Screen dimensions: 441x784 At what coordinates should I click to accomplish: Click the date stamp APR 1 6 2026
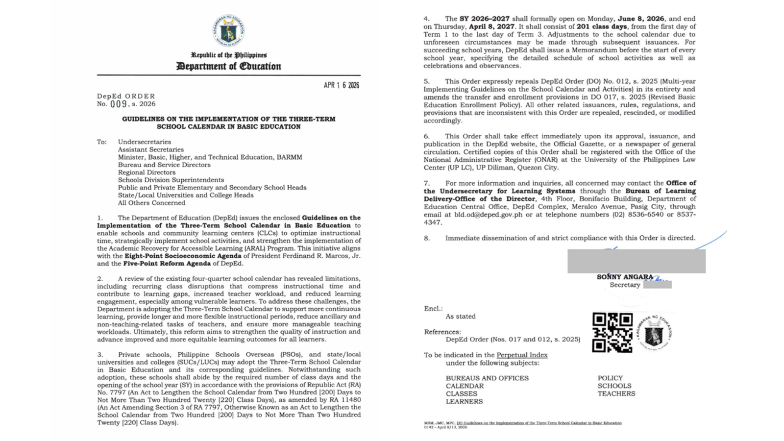(341, 85)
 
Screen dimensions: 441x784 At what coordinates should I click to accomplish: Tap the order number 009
(119, 104)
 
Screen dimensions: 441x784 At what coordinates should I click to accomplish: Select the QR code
(612, 333)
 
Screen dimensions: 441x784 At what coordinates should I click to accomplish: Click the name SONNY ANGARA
(625, 277)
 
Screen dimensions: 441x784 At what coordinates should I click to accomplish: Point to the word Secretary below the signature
(625, 285)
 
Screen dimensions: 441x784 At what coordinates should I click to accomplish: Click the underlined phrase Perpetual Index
(522, 355)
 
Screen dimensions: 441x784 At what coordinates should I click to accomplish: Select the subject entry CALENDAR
(465, 386)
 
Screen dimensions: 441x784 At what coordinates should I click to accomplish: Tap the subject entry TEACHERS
(616, 393)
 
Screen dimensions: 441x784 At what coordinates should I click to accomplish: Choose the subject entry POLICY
(610, 378)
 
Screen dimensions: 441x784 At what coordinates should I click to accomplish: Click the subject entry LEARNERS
(464, 401)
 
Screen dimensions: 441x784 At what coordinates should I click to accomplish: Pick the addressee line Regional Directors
(147, 172)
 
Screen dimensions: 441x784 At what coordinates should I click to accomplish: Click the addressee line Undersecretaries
(145, 142)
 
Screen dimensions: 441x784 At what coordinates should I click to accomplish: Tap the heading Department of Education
(229, 66)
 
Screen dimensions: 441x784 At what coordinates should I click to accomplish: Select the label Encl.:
(433, 309)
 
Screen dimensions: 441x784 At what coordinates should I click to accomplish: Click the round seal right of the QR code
(654, 333)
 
